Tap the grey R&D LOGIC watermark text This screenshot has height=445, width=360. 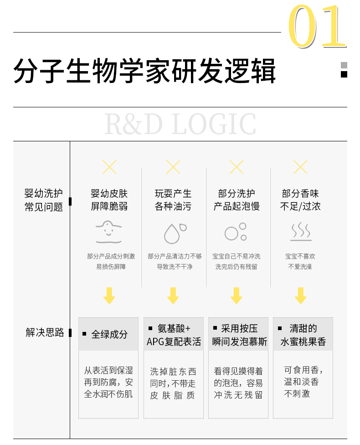point(180,124)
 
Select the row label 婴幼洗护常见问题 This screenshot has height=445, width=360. point(44,201)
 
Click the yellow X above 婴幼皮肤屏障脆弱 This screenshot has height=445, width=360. point(109,167)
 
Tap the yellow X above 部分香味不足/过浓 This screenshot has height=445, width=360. point(300,167)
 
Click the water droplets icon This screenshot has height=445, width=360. point(174,233)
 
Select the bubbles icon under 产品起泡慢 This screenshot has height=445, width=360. point(236,232)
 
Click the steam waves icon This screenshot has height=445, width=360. point(301,232)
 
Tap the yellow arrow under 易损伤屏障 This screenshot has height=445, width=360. point(109,295)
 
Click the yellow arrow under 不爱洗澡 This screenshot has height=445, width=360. point(300,295)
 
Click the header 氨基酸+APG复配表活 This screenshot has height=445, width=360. point(173,335)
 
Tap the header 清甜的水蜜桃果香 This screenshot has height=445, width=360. point(303,335)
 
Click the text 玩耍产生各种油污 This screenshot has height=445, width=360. point(173,200)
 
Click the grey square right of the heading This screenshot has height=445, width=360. point(344,65)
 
